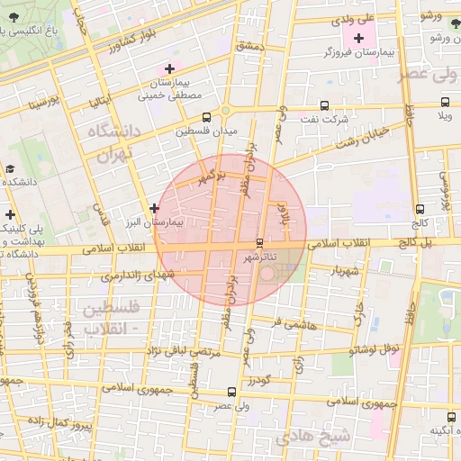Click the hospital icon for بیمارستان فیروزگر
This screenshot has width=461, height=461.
359,38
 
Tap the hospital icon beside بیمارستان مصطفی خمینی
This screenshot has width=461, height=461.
168,69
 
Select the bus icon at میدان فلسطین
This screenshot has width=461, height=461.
207,117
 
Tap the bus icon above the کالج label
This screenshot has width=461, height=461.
420,208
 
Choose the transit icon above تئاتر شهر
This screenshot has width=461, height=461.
260,242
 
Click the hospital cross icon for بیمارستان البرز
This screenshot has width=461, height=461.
155,208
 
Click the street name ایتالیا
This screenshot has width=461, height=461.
99,102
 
